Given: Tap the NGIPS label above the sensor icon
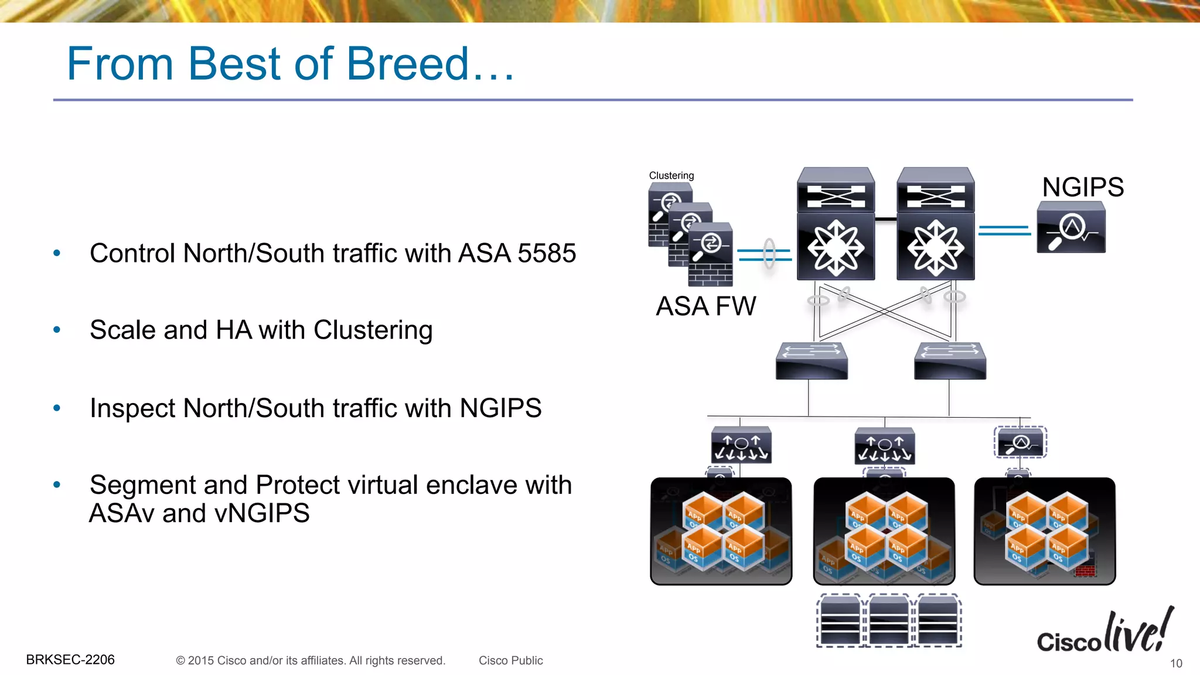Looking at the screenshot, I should point(1083,187).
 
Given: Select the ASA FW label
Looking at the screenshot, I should point(706,306).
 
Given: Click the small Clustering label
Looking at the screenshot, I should point(671,175).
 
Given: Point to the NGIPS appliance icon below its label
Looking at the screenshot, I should point(1071,227).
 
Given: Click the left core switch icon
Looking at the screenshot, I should point(836,224).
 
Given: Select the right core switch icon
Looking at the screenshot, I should point(936,224).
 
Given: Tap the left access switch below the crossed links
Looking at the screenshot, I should point(812,360).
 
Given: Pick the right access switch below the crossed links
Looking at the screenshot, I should point(950,360).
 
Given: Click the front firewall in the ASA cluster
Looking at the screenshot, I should point(710,254).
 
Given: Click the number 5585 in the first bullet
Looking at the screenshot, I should point(547,253).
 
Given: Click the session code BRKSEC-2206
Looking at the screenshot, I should point(70,660).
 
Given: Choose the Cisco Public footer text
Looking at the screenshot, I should point(510,660).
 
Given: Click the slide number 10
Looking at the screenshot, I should point(1176,663).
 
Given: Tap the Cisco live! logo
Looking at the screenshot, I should point(1104,633).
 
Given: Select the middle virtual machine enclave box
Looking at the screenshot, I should point(884,531).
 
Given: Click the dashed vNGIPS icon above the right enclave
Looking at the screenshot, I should point(1020,442).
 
